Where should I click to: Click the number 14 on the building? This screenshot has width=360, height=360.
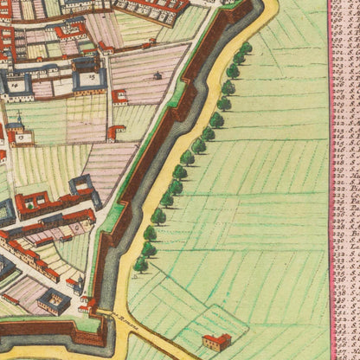(15, 86)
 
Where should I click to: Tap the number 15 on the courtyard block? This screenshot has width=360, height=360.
(92, 76)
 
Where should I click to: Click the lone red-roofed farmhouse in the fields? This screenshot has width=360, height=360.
(216, 339)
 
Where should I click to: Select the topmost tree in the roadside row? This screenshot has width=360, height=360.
(246, 48)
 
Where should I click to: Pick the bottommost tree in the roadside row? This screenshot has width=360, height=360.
(140, 263)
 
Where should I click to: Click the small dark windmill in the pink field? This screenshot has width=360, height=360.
(157, 75)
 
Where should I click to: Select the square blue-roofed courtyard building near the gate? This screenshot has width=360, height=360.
(54, 300)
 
